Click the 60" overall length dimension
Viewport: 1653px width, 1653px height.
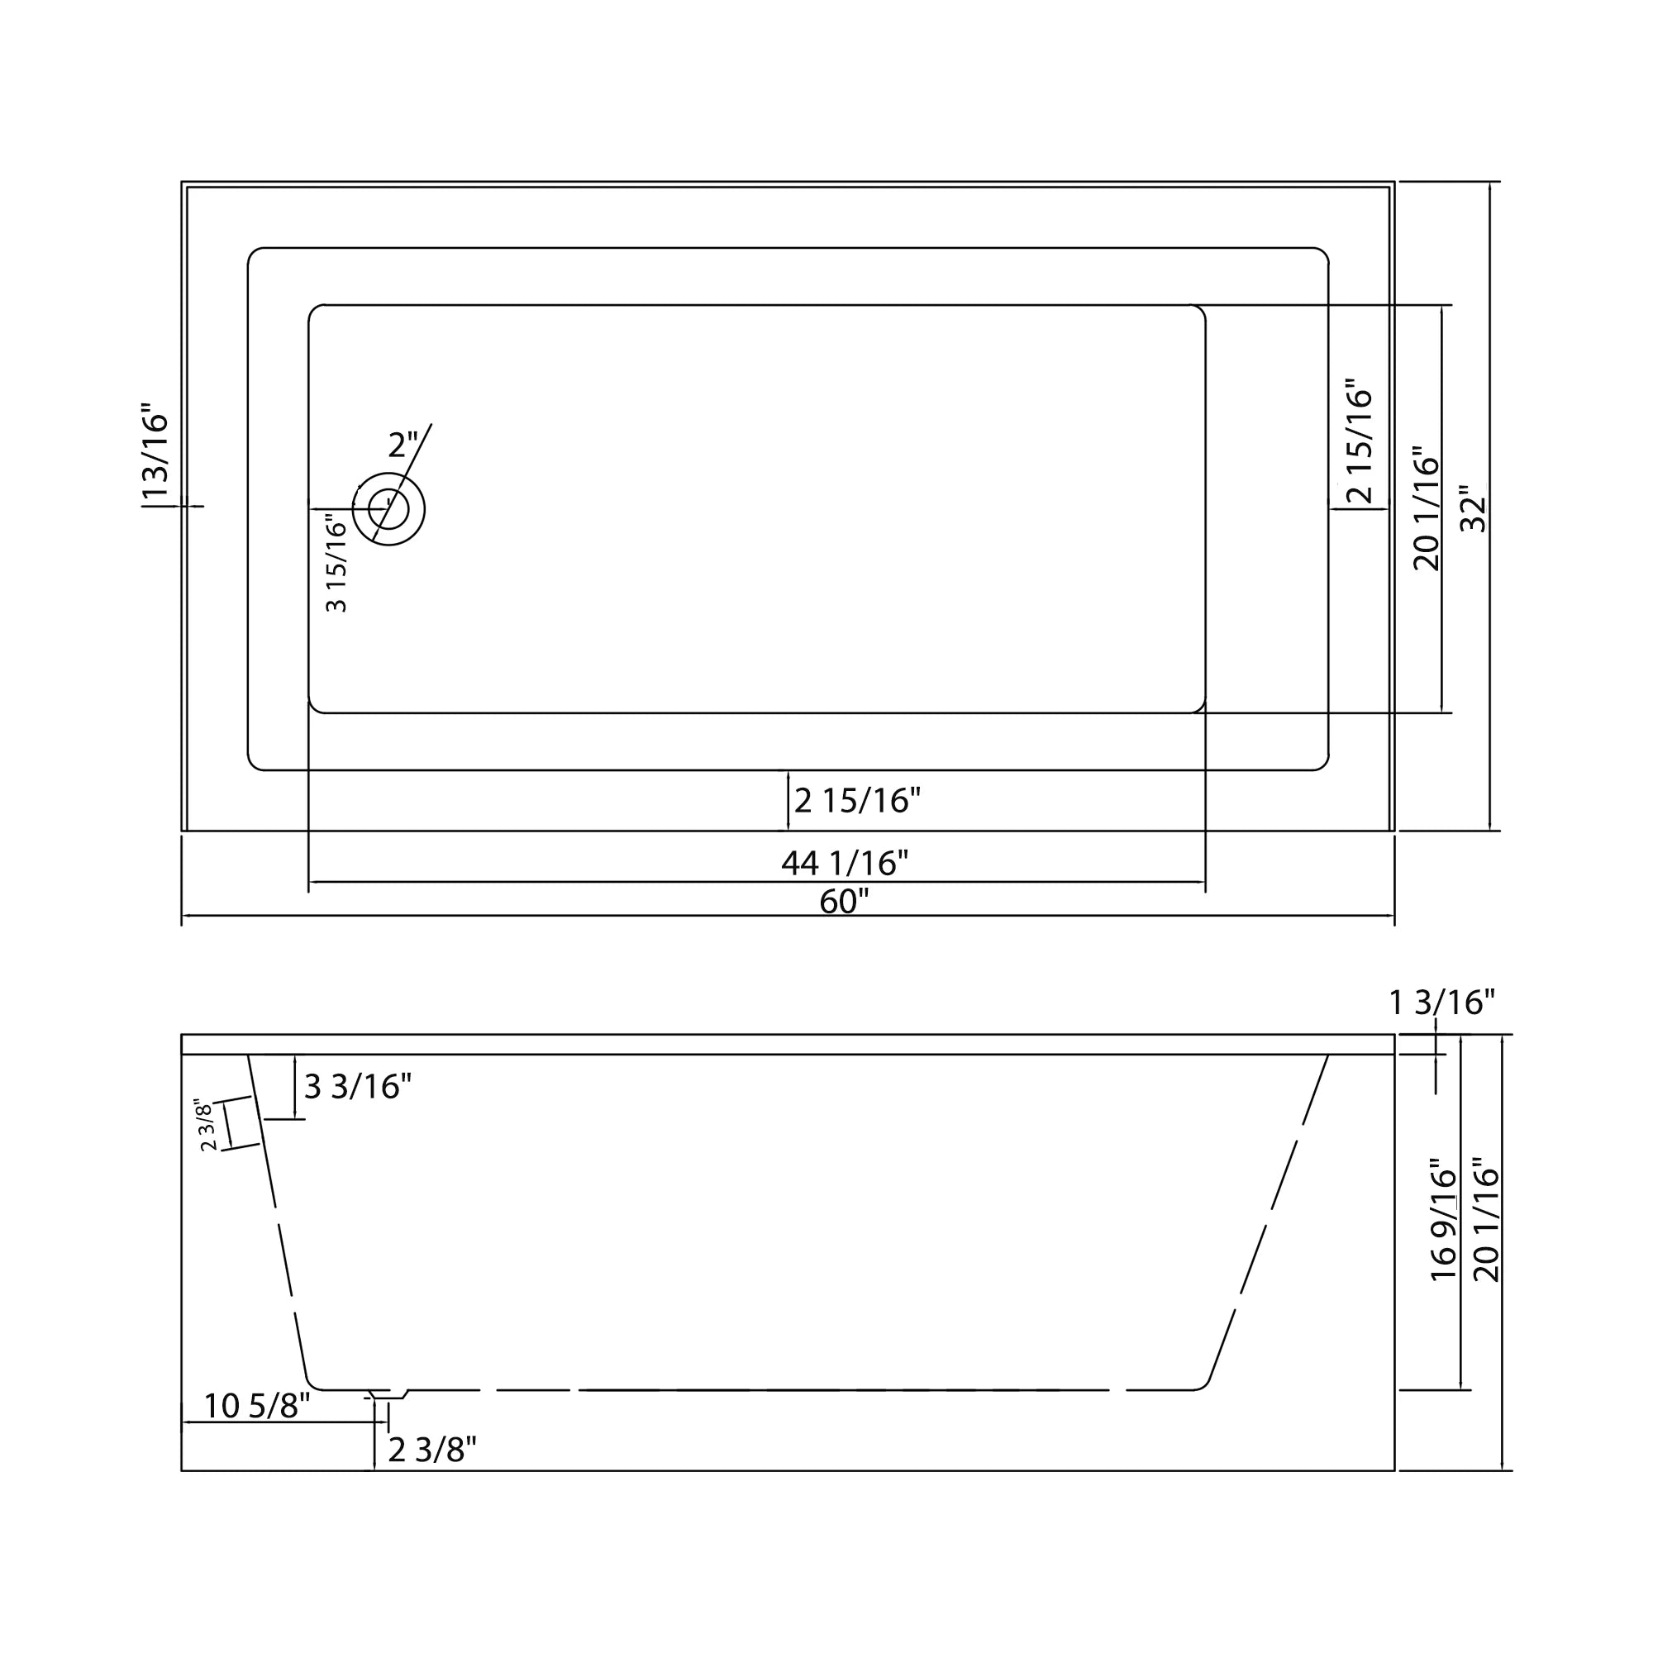coord(844,902)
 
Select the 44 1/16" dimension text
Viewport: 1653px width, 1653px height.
coord(845,862)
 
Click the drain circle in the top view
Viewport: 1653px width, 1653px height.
coord(388,510)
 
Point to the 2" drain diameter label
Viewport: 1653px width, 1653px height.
coord(403,445)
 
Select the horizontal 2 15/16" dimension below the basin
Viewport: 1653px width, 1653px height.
coord(856,801)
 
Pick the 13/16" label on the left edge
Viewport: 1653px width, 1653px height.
coord(155,457)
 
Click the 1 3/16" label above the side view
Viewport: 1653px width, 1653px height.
coord(1441,1002)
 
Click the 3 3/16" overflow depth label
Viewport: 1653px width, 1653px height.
coord(358,1087)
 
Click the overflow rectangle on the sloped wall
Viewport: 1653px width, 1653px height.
coord(241,1123)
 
